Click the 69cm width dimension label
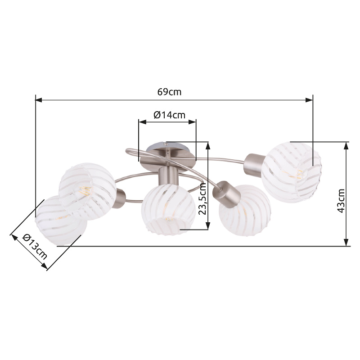(169, 92)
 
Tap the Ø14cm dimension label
(170, 115)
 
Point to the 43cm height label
(341, 201)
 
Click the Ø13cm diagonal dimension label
(35, 246)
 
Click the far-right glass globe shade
(291, 172)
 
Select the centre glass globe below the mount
(168, 209)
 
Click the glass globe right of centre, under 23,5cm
(245, 211)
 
